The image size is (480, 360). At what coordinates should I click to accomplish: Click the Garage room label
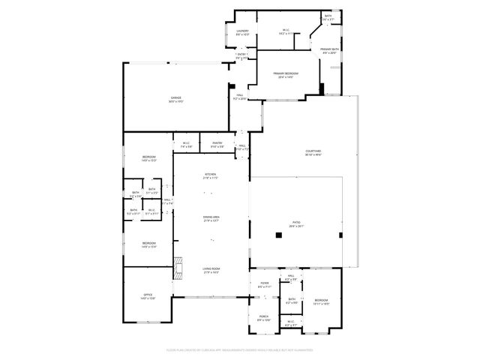point(175,98)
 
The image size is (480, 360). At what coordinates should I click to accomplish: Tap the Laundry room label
point(243,31)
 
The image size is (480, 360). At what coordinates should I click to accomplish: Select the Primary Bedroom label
point(288,73)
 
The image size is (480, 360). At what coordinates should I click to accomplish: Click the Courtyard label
point(313,152)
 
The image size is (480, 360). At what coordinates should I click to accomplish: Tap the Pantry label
point(217,144)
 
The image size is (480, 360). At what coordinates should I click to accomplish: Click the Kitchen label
point(211,176)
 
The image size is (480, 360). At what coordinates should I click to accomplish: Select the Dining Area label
point(211,218)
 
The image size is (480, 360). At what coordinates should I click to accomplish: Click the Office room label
point(148,296)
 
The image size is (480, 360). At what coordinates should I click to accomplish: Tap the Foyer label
point(263,285)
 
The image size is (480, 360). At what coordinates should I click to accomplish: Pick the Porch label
point(263,318)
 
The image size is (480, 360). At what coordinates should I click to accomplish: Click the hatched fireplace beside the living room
point(178,266)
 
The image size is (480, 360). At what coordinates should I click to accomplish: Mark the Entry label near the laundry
point(241,55)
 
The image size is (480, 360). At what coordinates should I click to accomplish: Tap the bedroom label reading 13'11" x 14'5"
point(321,301)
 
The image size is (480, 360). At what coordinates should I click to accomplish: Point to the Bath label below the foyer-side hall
point(292,301)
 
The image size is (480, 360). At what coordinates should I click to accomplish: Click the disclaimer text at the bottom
point(240,349)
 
